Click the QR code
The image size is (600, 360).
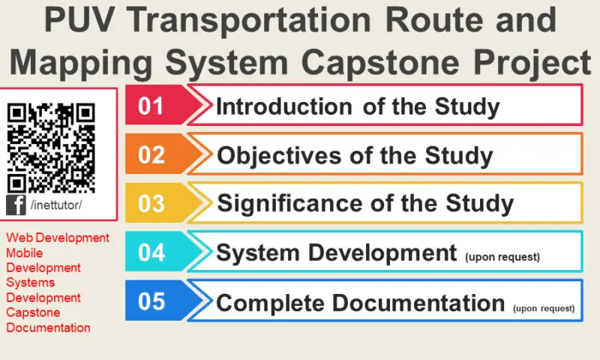pyautogui.click(x=51, y=147)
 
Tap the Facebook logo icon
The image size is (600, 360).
pyautogui.click(x=16, y=205)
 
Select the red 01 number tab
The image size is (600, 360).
pyautogui.click(x=152, y=106)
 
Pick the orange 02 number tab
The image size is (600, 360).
pyautogui.click(x=152, y=154)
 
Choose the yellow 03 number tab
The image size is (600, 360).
pyautogui.click(x=152, y=203)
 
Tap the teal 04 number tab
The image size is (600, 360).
pyautogui.click(x=152, y=252)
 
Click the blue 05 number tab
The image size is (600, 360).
pyautogui.click(x=152, y=301)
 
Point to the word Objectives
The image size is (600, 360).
pyautogui.click(x=280, y=156)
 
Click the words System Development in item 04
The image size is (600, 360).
pyautogui.click(x=336, y=253)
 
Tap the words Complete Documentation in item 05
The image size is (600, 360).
pyautogui.click(x=360, y=303)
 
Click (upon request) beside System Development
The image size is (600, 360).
pyautogui.click(x=502, y=256)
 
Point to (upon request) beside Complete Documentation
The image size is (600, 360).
pyautogui.click(x=544, y=307)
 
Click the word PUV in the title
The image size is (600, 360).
pyautogui.click(x=78, y=20)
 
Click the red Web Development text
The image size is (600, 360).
pyautogui.click(x=58, y=238)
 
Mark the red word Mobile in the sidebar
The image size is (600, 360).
pyautogui.click(x=24, y=253)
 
